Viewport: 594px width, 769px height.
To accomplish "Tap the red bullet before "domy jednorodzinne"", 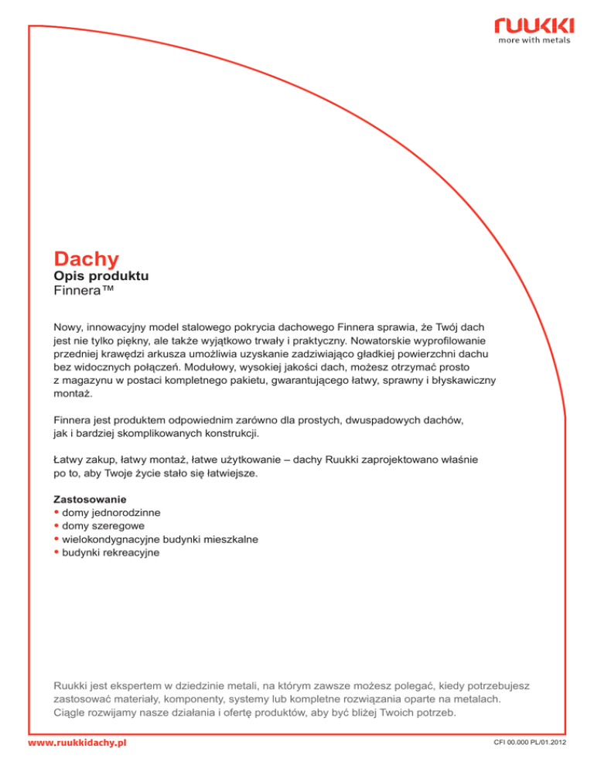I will pyautogui.click(x=56, y=512).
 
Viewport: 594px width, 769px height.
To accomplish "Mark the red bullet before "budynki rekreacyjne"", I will pyautogui.click(x=56, y=553).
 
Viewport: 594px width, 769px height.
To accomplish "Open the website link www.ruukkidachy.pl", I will pyautogui.click(x=77, y=743).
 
